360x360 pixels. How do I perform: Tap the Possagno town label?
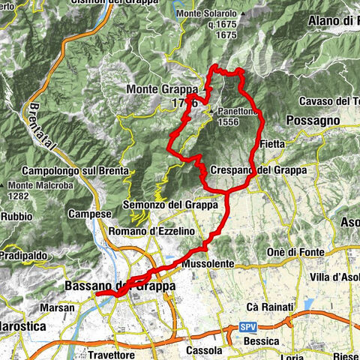[x=313, y=120]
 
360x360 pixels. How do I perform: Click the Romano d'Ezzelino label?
[x=150, y=232]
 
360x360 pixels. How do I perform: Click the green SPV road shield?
[x=247, y=328]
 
